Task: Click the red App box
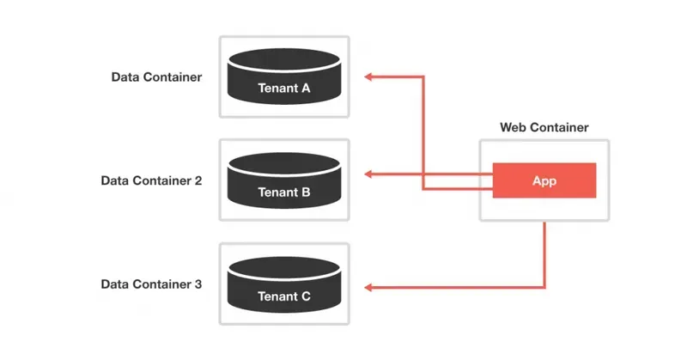pos(544,180)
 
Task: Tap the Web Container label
pos(544,128)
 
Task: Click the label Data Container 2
pos(151,181)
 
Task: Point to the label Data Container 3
pos(151,284)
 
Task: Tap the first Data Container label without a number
pos(156,77)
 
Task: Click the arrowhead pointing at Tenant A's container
pos(368,77)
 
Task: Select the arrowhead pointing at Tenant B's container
pos(368,174)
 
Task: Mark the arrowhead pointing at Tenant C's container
pos(368,286)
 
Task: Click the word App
pos(544,181)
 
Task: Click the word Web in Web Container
pos(513,128)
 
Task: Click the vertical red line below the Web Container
pos(544,254)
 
